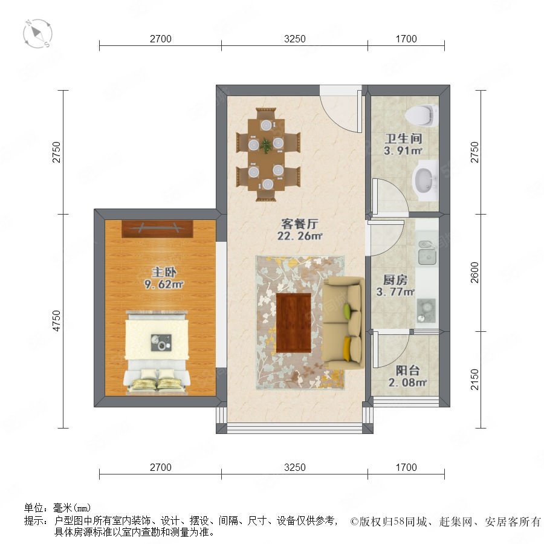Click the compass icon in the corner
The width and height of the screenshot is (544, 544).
tap(38, 34)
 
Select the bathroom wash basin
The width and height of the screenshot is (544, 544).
tap(425, 181)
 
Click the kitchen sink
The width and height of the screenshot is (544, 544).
tap(427, 252)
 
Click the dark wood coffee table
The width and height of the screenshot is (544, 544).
tap(294, 322)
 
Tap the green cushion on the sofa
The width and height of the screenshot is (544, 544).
tap(347, 308)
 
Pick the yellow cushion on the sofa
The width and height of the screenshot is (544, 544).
tap(347, 349)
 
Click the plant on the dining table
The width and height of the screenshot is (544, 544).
tap(266, 145)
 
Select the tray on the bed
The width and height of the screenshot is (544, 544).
tap(161, 343)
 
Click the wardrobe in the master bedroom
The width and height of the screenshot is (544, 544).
tap(157, 229)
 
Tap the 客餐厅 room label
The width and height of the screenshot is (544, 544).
tap(299, 224)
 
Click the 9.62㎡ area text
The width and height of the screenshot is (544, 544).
tap(164, 285)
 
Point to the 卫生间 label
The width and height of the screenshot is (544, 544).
tap(403, 138)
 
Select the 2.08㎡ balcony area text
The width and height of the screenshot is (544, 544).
tap(407, 383)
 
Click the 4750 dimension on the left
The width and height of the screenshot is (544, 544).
tap(56, 321)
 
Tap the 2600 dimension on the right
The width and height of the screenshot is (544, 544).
tap(474, 273)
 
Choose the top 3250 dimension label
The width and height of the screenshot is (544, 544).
tap(295, 39)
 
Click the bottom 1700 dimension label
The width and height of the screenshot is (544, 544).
tap(406, 467)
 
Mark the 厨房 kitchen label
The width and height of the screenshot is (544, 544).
tap(395, 280)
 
